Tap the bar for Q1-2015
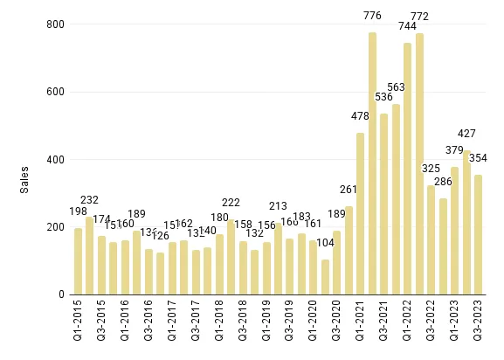point(78,261)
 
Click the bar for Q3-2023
point(478,235)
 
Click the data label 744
point(407,25)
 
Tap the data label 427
point(466,134)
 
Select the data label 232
point(89,199)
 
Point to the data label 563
point(396,87)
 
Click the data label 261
point(349,190)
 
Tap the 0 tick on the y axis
point(59,295)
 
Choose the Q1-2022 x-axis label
point(408,324)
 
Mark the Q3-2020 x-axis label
point(337,324)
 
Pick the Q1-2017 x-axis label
point(172,324)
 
